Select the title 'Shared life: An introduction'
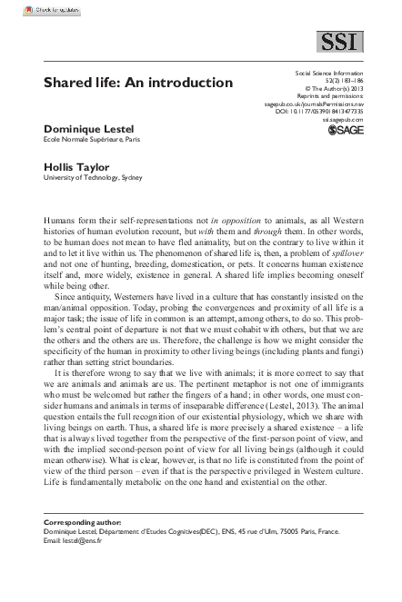coord(126,83)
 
